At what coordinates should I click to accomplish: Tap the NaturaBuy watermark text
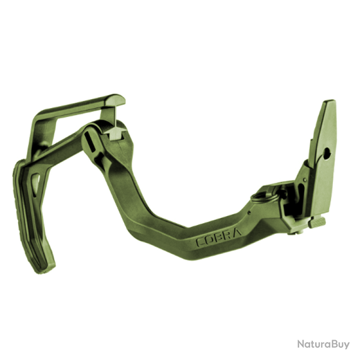coord(323,344)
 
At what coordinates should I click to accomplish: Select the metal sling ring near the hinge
coord(264,194)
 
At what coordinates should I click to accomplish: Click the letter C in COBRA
coord(200,242)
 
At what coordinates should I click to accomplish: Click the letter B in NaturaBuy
coord(331,344)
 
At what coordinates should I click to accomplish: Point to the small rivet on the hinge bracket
coord(305,180)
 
